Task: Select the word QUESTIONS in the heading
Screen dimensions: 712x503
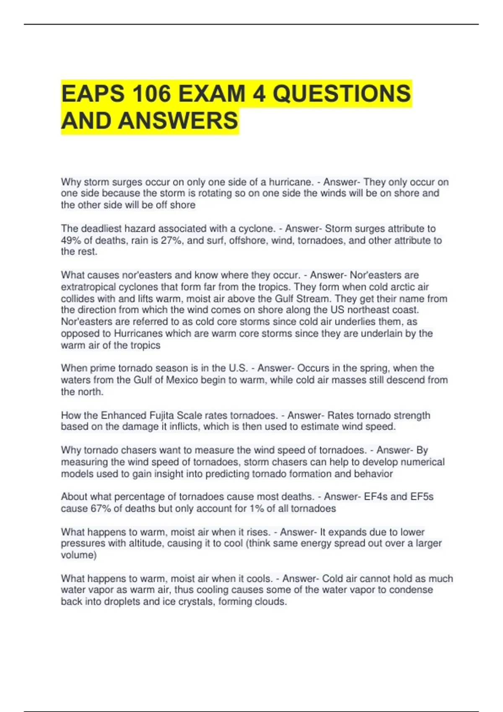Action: [x=342, y=93]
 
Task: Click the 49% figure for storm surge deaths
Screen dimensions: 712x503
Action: [x=70, y=240]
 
